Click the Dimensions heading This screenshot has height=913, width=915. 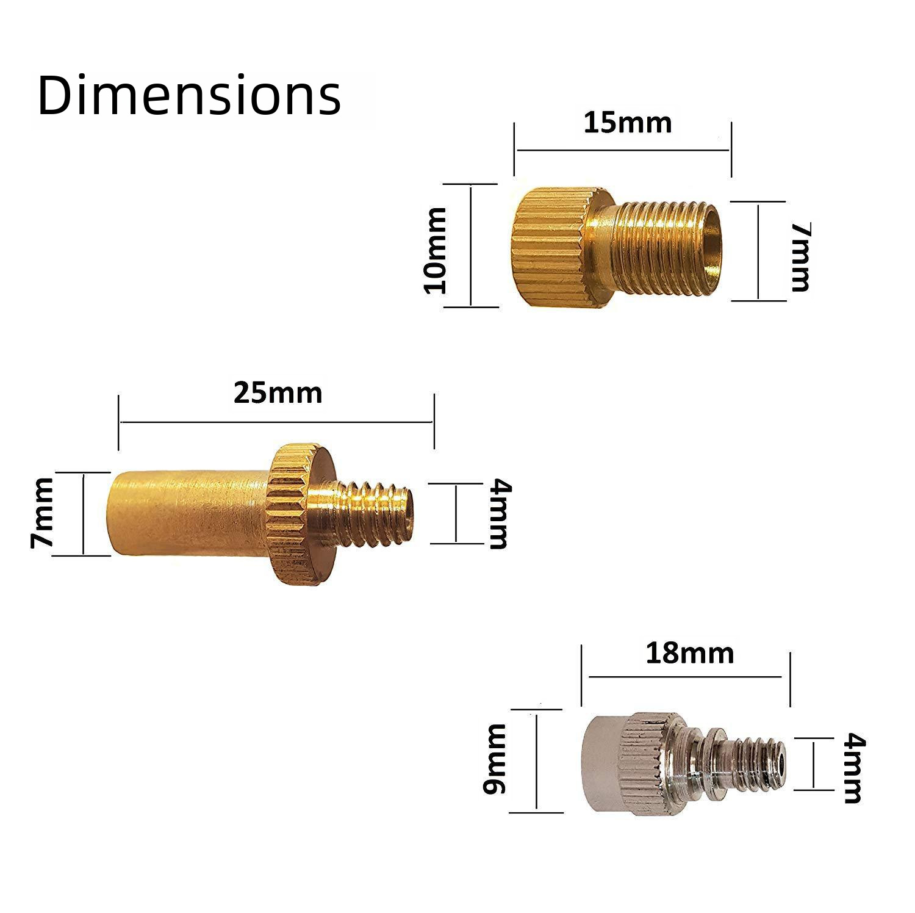(189, 96)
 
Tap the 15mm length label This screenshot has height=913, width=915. (627, 123)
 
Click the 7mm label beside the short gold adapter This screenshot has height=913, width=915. (800, 256)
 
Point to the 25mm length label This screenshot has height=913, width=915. (278, 393)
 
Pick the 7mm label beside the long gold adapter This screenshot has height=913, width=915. (43, 513)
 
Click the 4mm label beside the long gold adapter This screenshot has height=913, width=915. (498, 513)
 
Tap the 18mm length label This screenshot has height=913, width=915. (689, 654)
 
